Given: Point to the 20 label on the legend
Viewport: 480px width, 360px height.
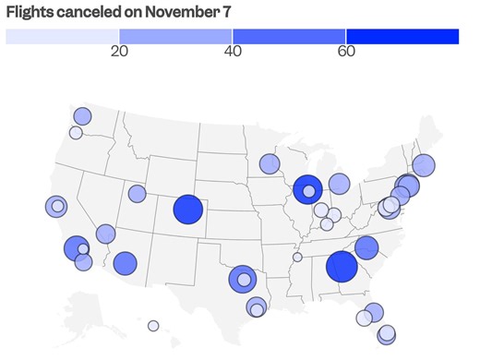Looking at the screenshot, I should (119, 52).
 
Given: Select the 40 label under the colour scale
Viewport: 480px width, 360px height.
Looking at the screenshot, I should (233, 52).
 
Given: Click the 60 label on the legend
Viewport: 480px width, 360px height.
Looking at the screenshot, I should (346, 52).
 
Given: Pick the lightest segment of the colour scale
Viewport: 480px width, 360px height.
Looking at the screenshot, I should (63, 36).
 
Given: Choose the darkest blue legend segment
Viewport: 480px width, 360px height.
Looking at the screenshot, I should (402, 36).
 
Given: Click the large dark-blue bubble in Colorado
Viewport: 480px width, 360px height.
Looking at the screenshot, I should (188, 210).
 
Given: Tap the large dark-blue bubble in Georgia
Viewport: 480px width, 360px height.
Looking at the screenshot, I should (342, 267).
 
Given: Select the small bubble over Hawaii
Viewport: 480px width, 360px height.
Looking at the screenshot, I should (153, 325).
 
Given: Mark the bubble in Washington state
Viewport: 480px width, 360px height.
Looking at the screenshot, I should (82, 116).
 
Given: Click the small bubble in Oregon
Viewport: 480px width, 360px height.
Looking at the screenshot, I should (76, 132).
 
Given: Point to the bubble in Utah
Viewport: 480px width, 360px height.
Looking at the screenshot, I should (137, 194).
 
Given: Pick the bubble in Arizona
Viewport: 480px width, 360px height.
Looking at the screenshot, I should (125, 263).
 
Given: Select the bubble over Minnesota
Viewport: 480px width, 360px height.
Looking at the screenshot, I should (269, 163).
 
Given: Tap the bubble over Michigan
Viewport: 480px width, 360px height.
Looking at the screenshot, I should (339, 184).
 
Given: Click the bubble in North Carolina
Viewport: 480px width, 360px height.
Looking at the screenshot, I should (366, 247).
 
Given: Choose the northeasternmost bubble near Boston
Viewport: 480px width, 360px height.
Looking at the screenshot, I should (424, 165).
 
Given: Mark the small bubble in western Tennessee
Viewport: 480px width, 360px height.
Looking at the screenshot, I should (297, 258).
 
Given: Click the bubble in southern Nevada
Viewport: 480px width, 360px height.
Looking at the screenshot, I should (104, 234).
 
